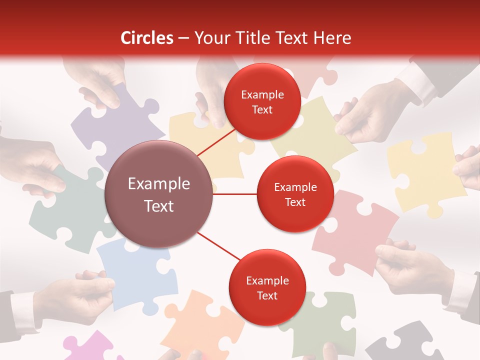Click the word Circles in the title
(147, 38)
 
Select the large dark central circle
(159, 194)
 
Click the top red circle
(262, 101)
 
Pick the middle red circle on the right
(295, 194)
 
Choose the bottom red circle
(266, 287)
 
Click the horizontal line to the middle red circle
(234, 194)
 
